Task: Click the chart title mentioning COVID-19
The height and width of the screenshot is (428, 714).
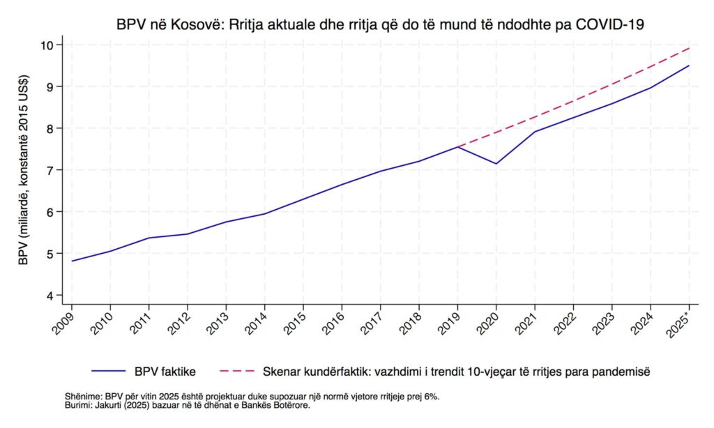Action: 380,25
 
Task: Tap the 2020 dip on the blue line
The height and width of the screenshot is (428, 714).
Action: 496,164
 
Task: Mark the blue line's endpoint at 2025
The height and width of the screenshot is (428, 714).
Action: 689,66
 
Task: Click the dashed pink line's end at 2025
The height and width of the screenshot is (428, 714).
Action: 689,48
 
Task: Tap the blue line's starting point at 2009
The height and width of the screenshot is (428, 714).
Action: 72,261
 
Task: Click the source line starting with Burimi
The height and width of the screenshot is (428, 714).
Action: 187,405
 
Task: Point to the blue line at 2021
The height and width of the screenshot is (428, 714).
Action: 535,132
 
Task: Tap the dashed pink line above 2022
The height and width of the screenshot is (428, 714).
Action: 573,102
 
